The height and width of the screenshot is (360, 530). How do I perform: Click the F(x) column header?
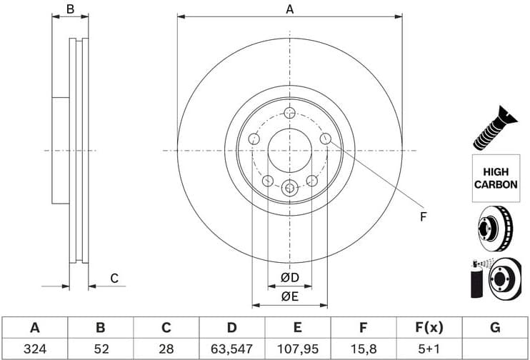tap(429, 328)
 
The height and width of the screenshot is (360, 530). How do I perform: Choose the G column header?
tap(495, 328)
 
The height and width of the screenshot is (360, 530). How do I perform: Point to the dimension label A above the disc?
tap(289, 9)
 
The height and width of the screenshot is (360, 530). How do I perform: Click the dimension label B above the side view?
tap(70, 9)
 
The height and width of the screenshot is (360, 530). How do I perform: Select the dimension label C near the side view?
tap(114, 278)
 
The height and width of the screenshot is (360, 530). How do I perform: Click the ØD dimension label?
tap(289, 277)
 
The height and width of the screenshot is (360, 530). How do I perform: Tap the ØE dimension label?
tap(289, 296)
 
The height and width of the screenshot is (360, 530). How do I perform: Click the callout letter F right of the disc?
tap(422, 216)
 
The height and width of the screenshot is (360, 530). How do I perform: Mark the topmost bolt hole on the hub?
tap(289, 113)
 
